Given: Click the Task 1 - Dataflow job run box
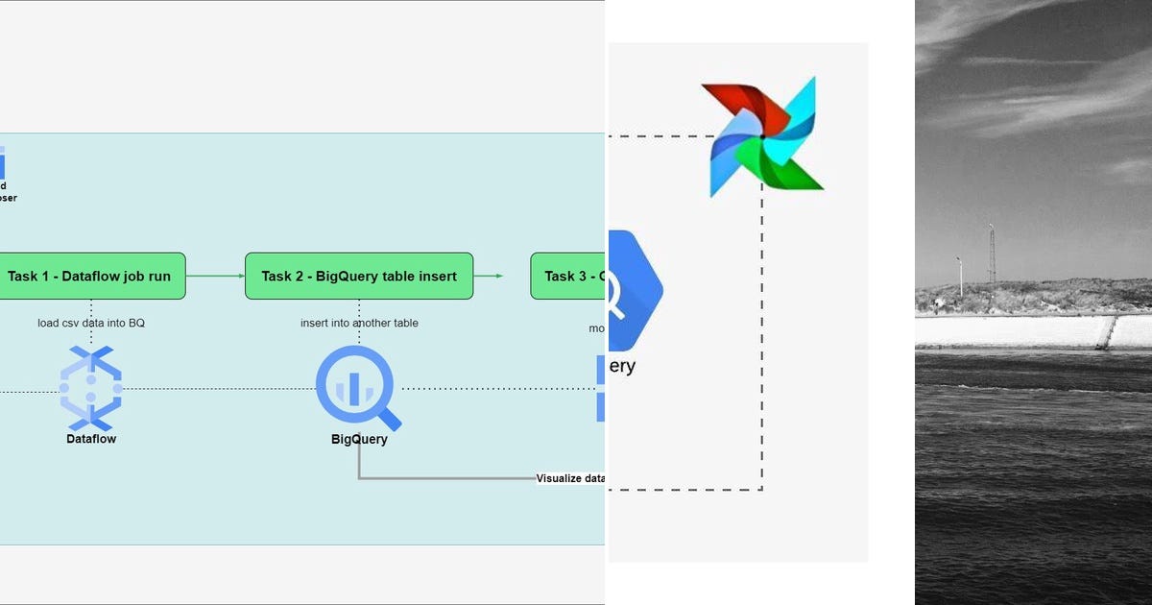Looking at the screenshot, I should coord(89,276).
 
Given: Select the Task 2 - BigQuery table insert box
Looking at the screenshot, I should coord(359,276).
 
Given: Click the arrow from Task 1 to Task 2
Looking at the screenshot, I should coord(215,276).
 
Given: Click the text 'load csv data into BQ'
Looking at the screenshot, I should coord(91,323).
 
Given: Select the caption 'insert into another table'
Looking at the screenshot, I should coord(359,323).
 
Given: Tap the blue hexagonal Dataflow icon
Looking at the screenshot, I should coord(91,389).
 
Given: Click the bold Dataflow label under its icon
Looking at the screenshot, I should coord(91,439).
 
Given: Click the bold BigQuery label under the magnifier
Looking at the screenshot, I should coord(358,440).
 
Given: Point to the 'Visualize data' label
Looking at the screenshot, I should coord(570,478).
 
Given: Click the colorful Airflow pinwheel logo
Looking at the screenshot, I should coord(763,137).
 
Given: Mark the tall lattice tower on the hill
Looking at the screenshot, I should coord(992,254).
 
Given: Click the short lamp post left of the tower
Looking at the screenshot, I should coord(959,276).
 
